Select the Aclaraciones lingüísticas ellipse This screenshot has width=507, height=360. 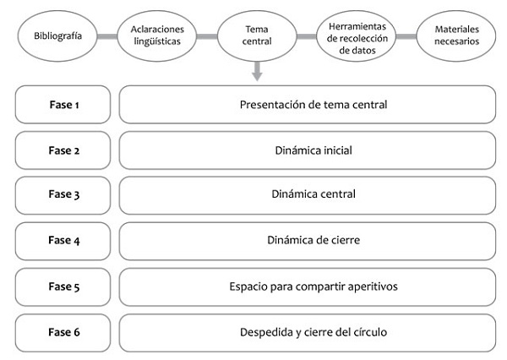tap(157, 36)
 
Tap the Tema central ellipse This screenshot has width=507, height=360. tap(257, 36)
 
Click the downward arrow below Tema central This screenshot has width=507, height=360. tap(257, 74)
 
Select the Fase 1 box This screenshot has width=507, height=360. tap(63, 105)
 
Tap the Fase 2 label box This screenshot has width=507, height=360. tap(63, 150)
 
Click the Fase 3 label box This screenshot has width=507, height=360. tap(63, 195)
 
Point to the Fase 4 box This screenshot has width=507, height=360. tap(63, 241)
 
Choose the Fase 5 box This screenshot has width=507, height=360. tap(63, 286)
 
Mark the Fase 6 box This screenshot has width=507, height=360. tap(63, 332)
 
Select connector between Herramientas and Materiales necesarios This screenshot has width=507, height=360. tap(406, 36)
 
